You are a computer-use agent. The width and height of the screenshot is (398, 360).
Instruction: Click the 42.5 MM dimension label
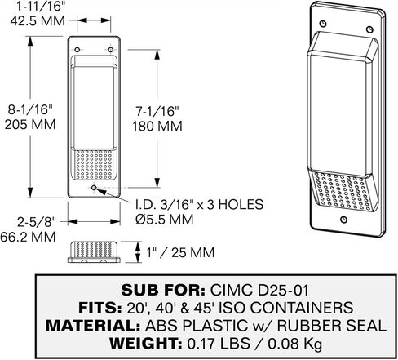[x=38, y=20]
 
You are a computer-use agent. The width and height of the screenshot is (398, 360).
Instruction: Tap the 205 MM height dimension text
[x=30, y=124]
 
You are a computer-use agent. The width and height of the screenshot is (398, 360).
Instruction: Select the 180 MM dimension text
[x=157, y=127]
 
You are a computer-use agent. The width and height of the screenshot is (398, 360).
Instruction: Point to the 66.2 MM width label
[x=28, y=237]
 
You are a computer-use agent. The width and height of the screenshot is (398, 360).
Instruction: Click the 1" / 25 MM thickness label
[x=180, y=252]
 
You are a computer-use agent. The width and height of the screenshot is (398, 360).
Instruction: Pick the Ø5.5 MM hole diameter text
[x=165, y=219]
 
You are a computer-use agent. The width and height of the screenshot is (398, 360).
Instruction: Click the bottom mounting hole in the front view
[x=94, y=188]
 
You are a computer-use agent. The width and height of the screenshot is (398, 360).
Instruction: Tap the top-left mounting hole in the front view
[x=77, y=50]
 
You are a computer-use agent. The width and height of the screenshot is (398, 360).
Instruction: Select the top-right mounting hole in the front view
[x=111, y=50]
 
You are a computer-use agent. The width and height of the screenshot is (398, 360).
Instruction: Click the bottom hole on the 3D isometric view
[x=344, y=220]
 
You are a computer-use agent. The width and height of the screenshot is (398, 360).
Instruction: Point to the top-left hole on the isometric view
[x=323, y=24]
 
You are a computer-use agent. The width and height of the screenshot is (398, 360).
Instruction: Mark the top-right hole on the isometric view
[x=369, y=29]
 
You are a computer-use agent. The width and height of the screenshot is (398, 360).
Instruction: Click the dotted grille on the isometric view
[x=343, y=190]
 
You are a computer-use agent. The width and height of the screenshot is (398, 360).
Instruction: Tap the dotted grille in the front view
[x=94, y=164]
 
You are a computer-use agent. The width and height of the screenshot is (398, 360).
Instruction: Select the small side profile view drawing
[x=94, y=252]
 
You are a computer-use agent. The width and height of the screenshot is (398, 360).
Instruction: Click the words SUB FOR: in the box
[x=163, y=290]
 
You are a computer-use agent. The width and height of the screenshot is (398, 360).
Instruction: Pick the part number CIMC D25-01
[x=259, y=290]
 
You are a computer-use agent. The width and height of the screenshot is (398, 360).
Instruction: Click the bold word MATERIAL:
[x=93, y=326]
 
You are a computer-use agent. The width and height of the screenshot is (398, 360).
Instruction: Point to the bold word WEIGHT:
[x=146, y=344]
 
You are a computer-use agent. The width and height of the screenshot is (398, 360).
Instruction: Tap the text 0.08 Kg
[x=295, y=344]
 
